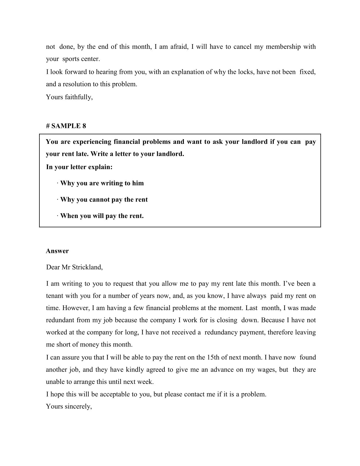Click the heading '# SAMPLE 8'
coord(66,126)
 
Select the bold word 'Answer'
coord(57,251)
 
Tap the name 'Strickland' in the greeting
coord(87,267)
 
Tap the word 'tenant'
coord(54,296)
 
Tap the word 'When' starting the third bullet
coord(69,216)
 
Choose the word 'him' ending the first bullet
coord(138,183)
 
